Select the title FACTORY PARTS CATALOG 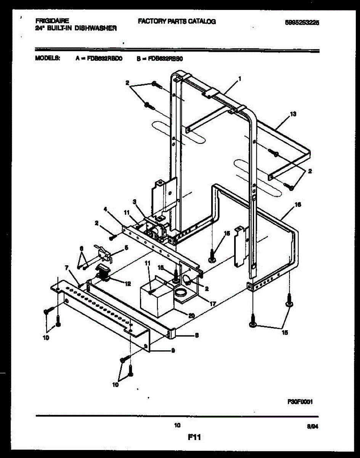pyautogui.click(x=177, y=22)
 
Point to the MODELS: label pyautogui.click(x=47, y=58)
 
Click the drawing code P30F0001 pyautogui.click(x=300, y=401)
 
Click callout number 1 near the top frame pyautogui.click(x=239, y=79)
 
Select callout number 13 pyautogui.click(x=293, y=114)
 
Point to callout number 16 pyautogui.click(x=298, y=205)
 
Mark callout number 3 pyautogui.click(x=135, y=201)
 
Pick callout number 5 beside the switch pyautogui.click(x=127, y=247)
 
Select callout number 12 pyautogui.click(x=128, y=283)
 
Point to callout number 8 pyautogui.click(x=196, y=336)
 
